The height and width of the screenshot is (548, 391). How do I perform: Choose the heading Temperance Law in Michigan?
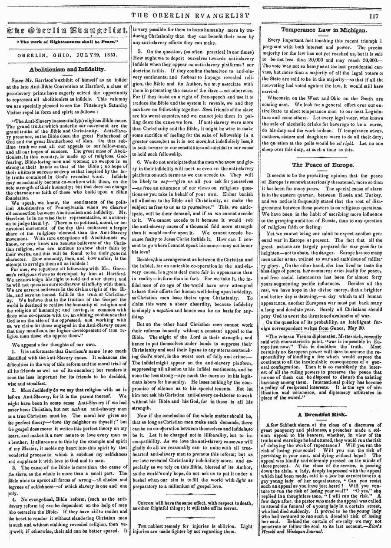coord(324,30)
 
